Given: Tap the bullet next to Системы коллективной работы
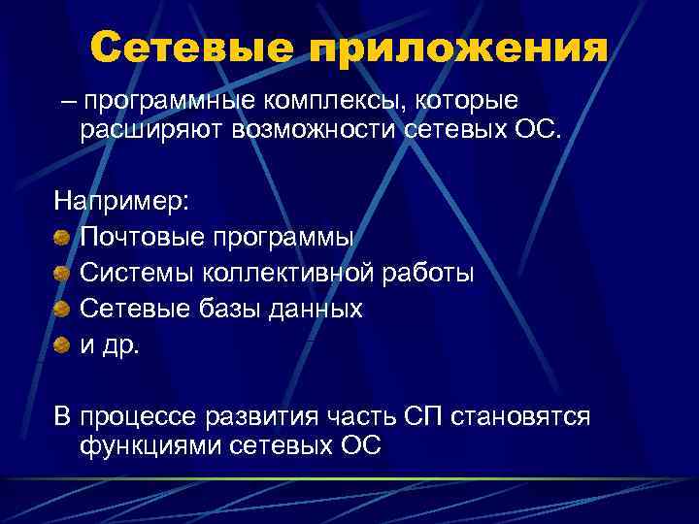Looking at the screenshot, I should (x=62, y=274).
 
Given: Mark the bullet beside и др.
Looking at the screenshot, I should (x=62, y=344).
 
